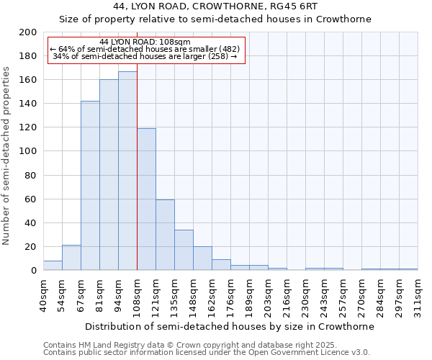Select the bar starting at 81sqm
coord(109,175)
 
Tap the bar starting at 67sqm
coord(90,186)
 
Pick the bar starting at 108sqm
coord(146,199)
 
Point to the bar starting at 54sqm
coord(71,258)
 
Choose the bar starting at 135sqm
coord(184,250)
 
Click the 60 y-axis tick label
coord(31,199)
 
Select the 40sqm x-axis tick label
coord(44,293)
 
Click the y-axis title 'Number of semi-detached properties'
coord(7,156)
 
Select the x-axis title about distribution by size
coord(230,326)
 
